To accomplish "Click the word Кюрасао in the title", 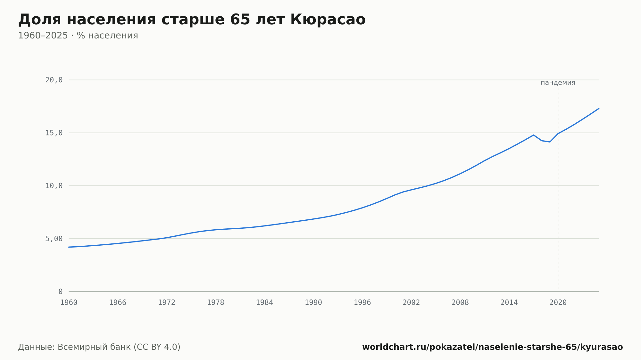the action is click(x=328, y=20).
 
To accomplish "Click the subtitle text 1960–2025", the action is click(x=43, y=36).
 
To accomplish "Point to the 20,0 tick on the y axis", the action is click(x=54, y=80).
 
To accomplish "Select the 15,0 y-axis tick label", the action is click(x=54, y=133).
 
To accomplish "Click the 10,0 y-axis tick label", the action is click(x=54, y=186).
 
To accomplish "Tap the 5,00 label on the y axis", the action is click(x=54, y=239).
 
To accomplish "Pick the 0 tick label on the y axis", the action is click(x=61, y=291).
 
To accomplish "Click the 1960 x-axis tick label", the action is click(x=69, y=303).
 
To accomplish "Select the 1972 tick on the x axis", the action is click(x=167, y=303).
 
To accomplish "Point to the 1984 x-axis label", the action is click(x=264, y=303).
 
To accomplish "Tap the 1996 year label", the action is click(x=362, y=303).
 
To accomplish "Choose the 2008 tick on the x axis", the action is click(x=460, y=303).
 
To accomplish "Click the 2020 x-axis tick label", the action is click(x=558, y=303).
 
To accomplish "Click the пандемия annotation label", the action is click(x=558, y=83).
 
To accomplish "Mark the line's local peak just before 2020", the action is click(x=533, y=135).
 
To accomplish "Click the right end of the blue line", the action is click(x=599, y=109).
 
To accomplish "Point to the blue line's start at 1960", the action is click(x=69, y=247).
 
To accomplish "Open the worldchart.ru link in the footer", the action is click(x=493, y=347).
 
